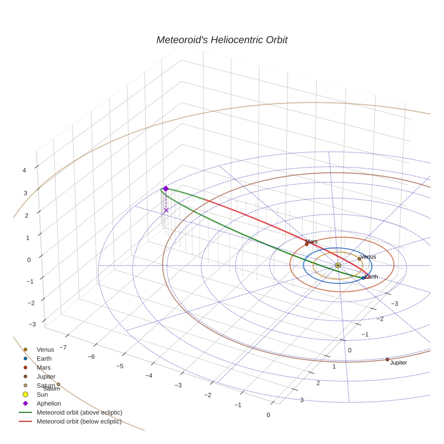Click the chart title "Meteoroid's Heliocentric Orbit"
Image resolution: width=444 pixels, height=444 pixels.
222,40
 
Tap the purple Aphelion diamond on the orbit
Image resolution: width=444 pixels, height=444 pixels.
166,189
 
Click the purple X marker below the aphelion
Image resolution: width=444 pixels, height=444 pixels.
166,210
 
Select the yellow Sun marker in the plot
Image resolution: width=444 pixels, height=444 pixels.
338,265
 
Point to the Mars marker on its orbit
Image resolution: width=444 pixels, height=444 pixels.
307,244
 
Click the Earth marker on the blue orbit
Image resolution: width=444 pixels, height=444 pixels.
363,278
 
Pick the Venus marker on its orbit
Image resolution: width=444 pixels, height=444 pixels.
359,259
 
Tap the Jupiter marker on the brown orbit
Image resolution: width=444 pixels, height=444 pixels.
387,360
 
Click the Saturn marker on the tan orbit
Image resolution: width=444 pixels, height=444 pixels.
58,384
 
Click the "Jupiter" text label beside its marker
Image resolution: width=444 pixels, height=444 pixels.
398,363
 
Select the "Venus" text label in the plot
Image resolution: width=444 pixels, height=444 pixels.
369,257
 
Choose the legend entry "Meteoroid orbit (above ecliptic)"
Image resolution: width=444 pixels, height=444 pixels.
79,412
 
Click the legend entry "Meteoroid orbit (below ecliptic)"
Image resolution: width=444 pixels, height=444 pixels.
79,421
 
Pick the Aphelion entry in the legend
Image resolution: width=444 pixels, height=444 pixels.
49,403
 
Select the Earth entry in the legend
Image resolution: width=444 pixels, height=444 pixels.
44,359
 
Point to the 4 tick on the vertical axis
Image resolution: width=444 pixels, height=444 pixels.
24,170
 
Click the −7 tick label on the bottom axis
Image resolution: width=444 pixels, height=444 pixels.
63,347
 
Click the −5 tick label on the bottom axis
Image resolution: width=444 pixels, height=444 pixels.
120,366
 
